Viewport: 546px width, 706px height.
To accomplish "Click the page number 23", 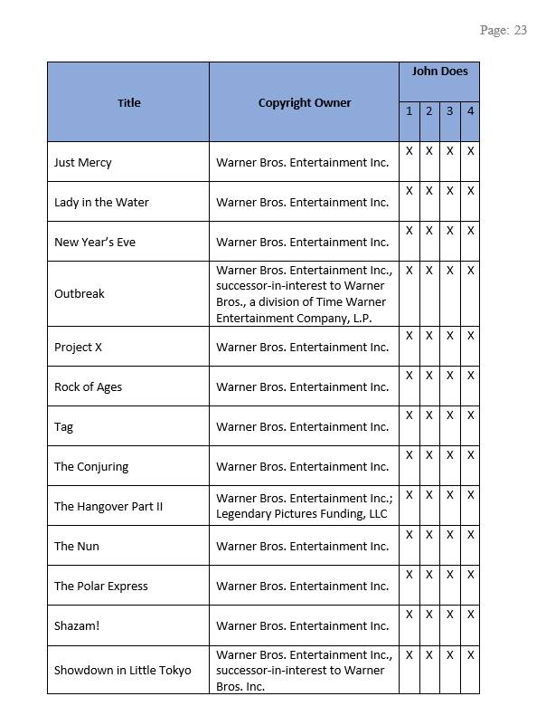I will (520, 31).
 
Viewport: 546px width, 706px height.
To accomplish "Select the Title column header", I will (129, 102).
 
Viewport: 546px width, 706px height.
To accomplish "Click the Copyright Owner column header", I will (305, 102).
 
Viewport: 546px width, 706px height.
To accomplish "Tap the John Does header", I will (439, 71).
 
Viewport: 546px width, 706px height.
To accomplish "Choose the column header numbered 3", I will (449, 111).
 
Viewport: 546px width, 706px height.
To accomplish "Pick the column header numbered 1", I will (409, 111).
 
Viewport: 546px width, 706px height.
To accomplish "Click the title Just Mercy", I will (83, 163).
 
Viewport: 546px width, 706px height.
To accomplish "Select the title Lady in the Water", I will (101, 203).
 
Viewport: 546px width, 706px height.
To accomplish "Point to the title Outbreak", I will (80, 294).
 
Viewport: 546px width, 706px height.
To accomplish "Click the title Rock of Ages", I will (88, 387).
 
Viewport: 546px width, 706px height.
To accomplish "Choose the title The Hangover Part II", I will (108, 507).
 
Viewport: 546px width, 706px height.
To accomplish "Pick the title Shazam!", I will (77, 626).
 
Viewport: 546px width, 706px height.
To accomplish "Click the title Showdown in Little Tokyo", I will (123, 671).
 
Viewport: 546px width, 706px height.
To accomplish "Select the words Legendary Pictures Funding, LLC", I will (301, 514).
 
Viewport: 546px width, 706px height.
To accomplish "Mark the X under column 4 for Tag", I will (470, 415).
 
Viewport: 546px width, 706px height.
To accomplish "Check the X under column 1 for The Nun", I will (409, 535).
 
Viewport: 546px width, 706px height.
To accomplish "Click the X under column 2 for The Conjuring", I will (428, 455).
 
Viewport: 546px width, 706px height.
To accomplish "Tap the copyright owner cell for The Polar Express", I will (303, 587).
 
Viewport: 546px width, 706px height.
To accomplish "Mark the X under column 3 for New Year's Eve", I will (449, 231).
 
